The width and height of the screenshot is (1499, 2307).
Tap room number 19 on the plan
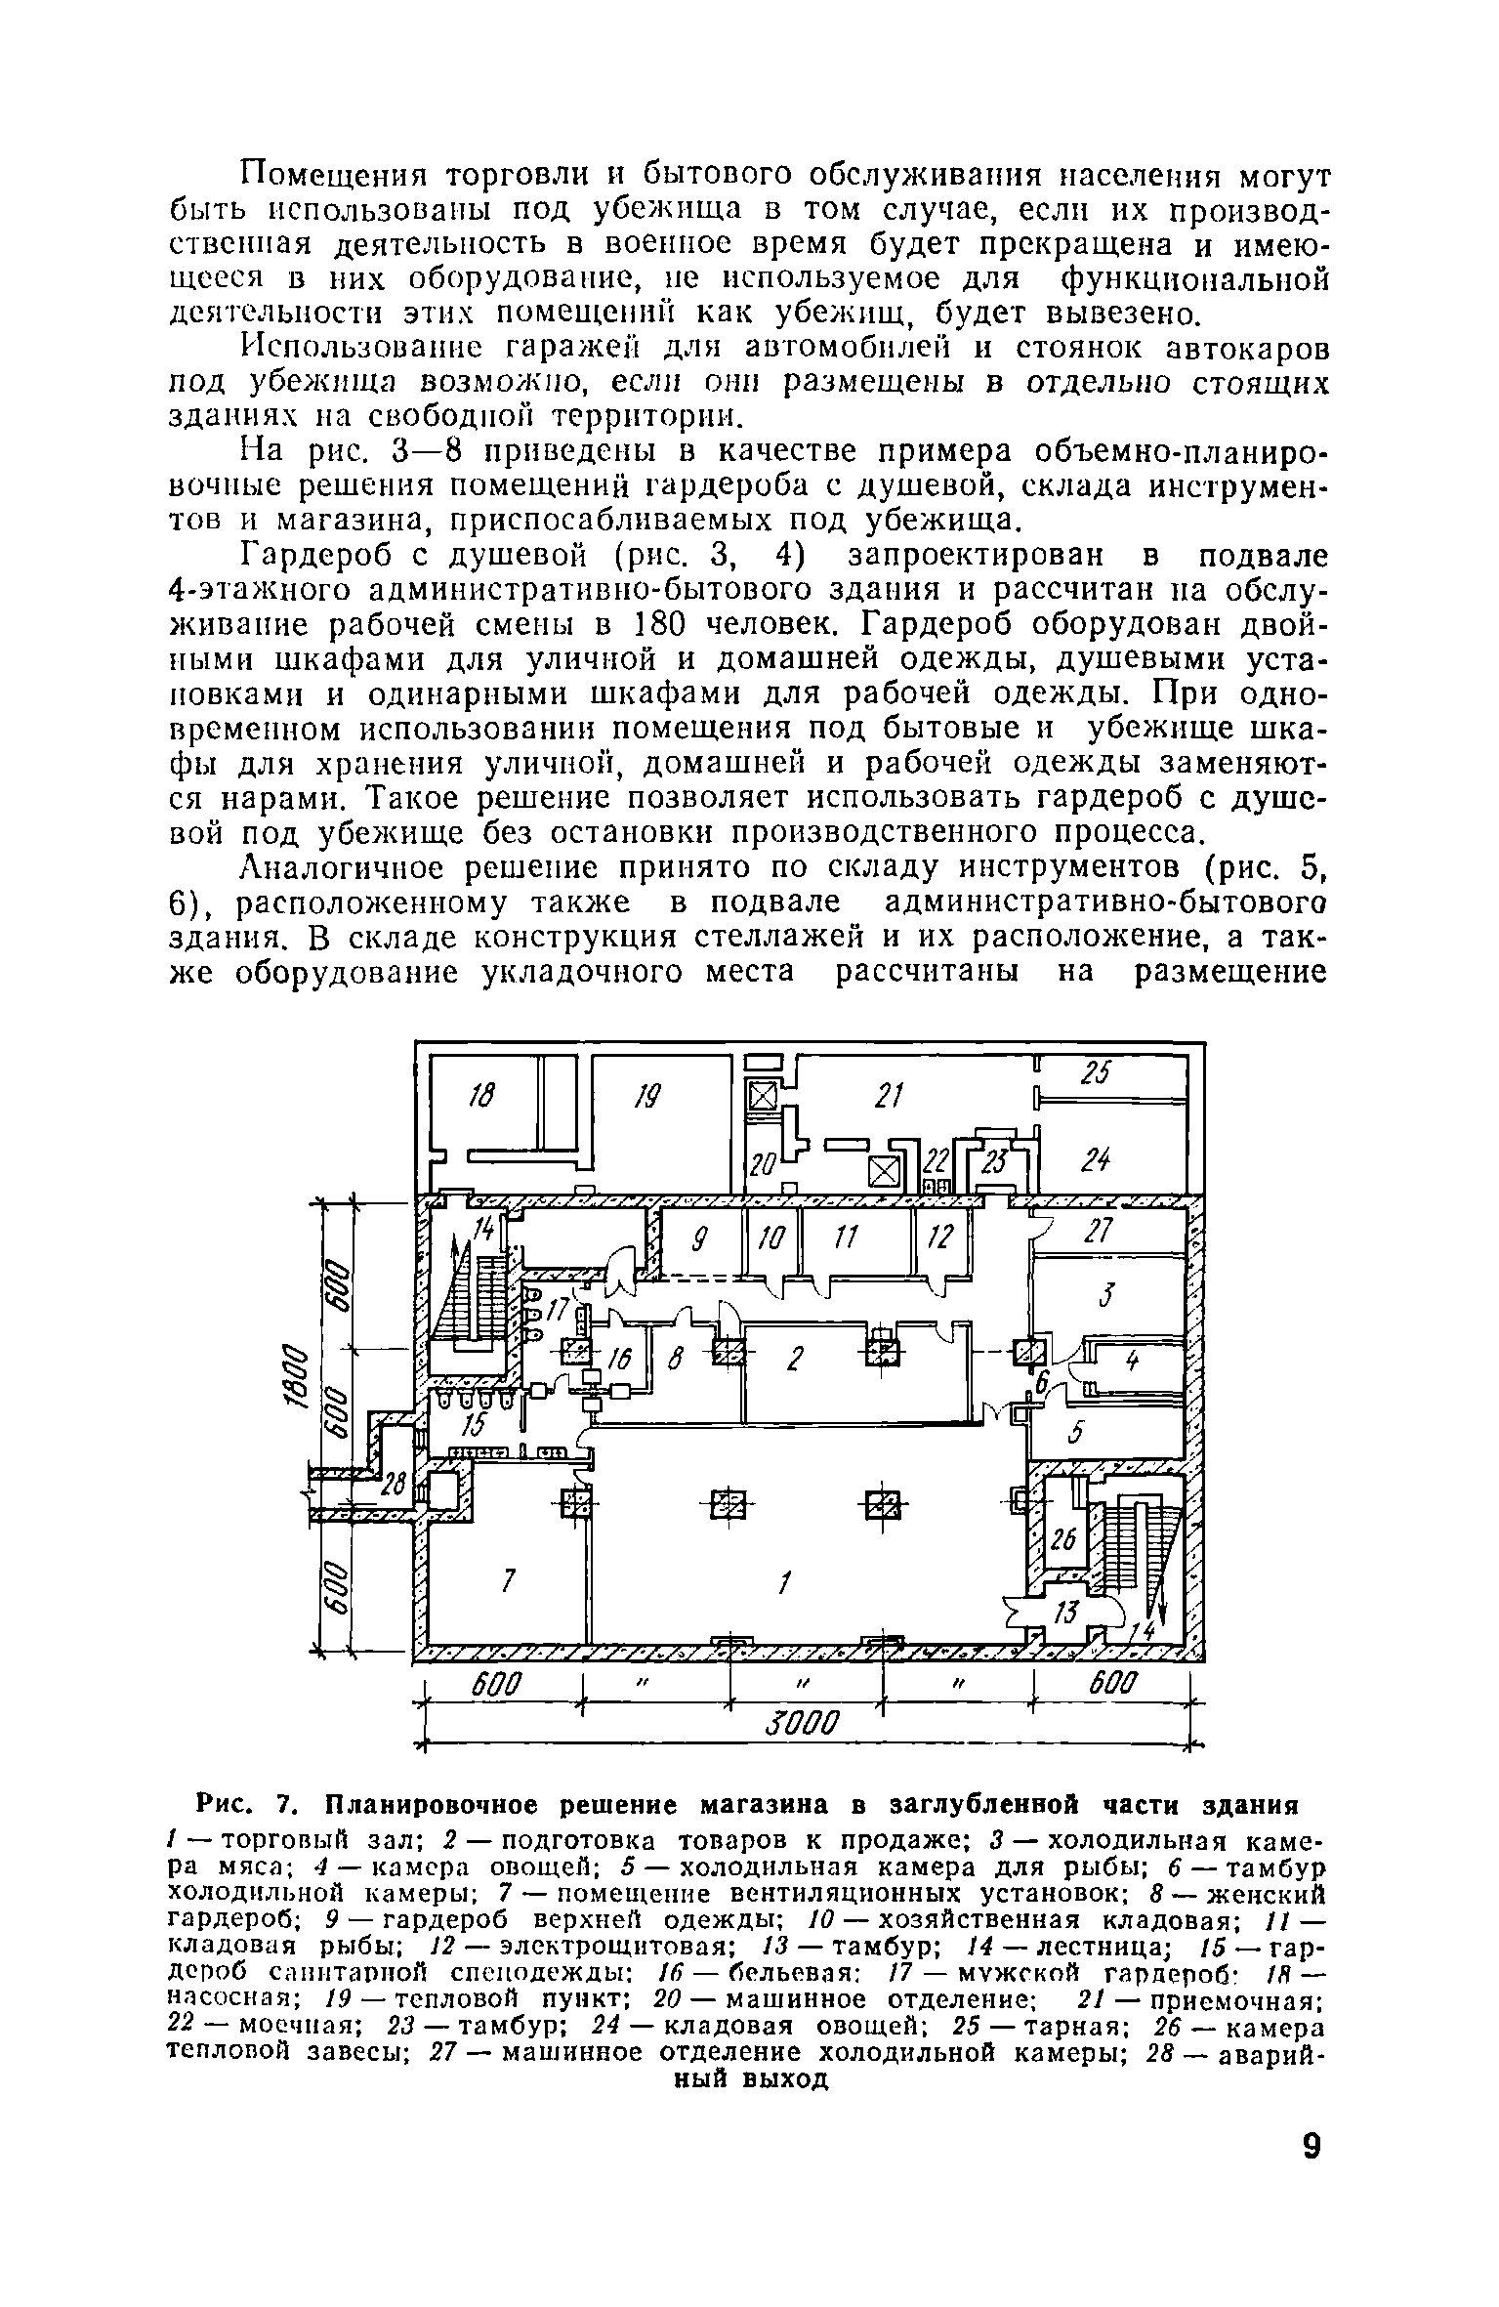645,1099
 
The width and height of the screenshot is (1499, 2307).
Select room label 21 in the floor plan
886,1095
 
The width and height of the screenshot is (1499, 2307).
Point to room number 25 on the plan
1096,1073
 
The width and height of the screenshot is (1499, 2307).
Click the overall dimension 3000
804,1724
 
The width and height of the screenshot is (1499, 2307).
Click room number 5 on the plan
1076,1433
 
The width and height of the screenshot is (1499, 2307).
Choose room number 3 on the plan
1105,1295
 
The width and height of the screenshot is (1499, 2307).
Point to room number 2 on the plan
794,1359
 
